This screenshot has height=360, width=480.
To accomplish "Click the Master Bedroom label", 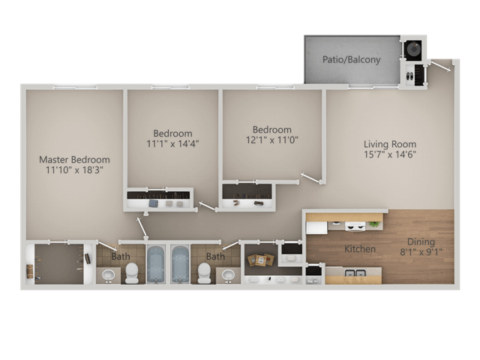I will coord(74,160).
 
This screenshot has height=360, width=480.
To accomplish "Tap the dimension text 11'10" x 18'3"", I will coord(74,170).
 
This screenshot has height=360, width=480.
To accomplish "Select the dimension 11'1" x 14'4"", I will coord(172,142).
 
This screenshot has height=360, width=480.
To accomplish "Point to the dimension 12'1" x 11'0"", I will coord(271,139).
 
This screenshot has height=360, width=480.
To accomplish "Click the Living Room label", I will coord(390,145).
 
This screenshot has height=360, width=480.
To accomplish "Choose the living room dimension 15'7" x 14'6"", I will coord(390,155).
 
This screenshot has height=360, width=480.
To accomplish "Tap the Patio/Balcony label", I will coord(351,59).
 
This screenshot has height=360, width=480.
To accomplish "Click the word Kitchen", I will coord(360,247).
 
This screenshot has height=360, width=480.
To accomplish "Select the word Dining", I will coord(421,241).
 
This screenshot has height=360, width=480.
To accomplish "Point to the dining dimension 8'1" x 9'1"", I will coord(421,252).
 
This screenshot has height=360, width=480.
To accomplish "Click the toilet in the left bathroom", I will coord(132,271).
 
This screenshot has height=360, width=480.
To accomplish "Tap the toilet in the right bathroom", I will coord(203,271).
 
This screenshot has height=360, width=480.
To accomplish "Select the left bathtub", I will coord(155,264).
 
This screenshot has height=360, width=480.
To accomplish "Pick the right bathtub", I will coord(181,264).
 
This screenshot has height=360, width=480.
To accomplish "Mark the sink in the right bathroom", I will coord(227,276).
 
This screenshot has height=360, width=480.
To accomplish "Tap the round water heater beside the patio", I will coord(412,49).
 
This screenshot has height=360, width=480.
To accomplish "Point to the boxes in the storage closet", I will coord(260,259).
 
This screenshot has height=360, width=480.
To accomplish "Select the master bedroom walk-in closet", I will coord(58,264).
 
